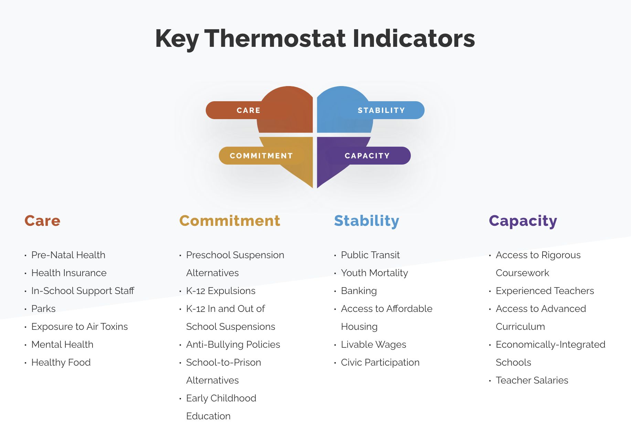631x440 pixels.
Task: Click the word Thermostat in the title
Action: point(275,38)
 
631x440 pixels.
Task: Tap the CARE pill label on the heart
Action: point(248,110)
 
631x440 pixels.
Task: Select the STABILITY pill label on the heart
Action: point(381,110)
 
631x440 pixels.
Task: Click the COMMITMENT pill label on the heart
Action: point(261,156)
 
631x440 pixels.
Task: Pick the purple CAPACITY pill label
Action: point(367,156)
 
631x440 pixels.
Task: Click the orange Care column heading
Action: point(42,221)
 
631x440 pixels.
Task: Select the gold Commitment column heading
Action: point(230,221)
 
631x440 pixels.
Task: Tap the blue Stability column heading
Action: point(367,221)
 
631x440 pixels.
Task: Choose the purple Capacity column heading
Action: point(523,221)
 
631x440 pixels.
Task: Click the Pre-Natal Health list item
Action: point(68,255)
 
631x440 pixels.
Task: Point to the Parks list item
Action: point(43,308)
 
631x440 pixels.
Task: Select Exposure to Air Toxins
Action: point(79,326)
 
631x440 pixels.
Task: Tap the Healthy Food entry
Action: point(61,362)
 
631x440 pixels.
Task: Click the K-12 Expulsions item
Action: point(221,291)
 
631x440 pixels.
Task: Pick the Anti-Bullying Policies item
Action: point(233,344)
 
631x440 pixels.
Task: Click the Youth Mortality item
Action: point(374,273)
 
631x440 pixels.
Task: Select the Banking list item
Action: point(359,291)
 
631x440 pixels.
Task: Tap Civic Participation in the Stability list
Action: point(380,362)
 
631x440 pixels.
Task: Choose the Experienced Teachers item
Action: point(545,291)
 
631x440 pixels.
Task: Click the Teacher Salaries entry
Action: point(532,380)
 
